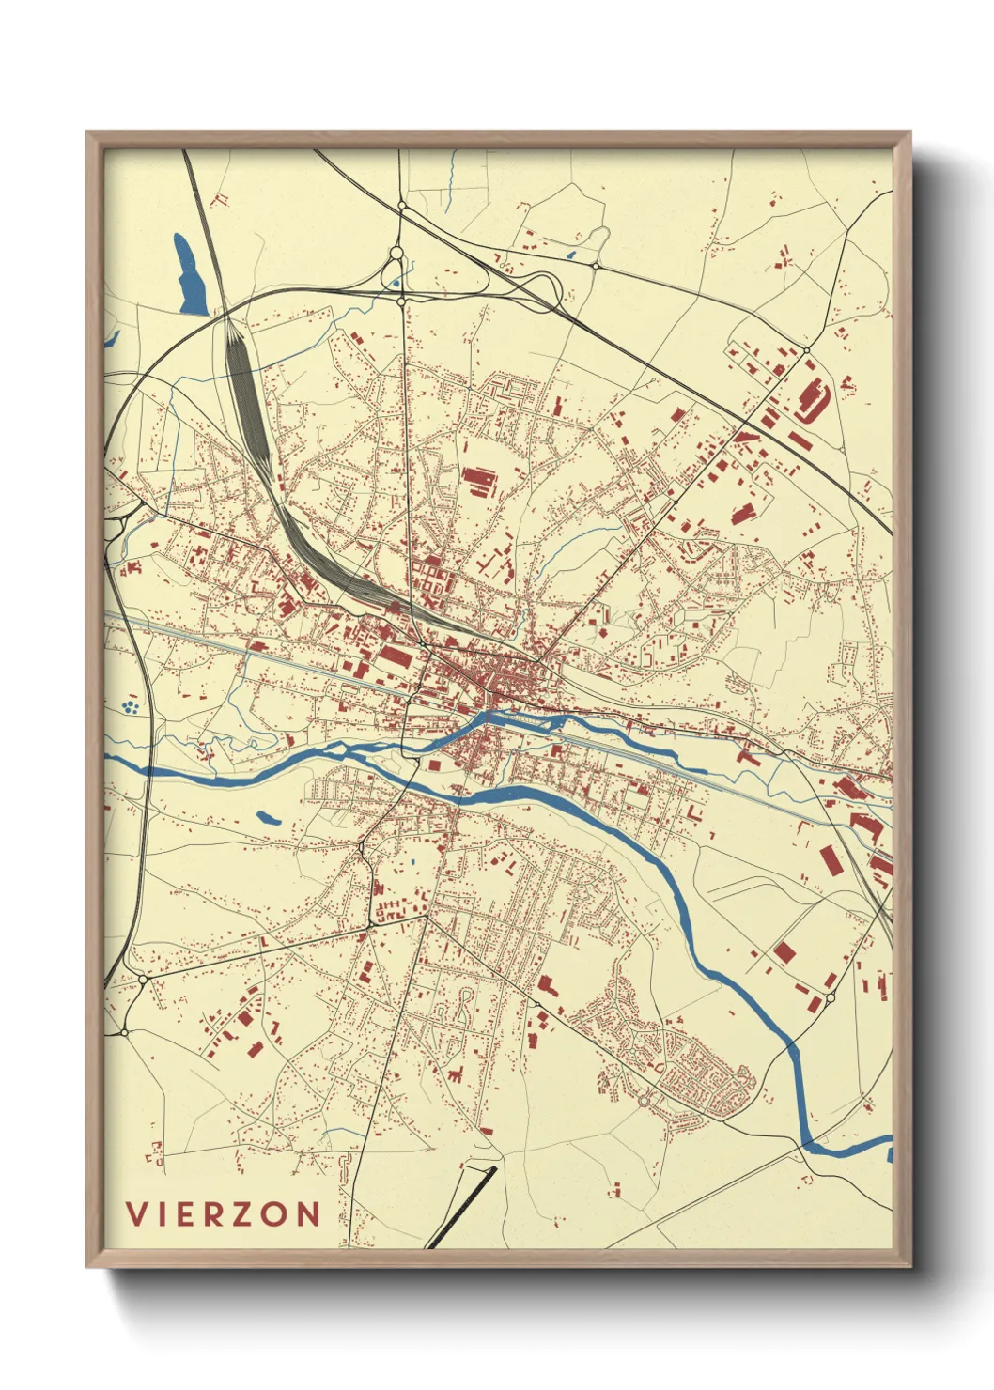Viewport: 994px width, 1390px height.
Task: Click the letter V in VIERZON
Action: [135, 1214]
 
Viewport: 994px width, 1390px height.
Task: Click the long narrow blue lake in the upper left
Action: [189, 274]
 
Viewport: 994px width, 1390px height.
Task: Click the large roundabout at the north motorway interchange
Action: [396, 253]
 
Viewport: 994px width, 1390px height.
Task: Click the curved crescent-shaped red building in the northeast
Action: [810, 398]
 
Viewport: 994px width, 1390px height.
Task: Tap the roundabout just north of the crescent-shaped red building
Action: [806, 351]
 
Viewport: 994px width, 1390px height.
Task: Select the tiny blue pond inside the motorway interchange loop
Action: [396, 280]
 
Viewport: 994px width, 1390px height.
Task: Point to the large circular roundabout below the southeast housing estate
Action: [644, 1095]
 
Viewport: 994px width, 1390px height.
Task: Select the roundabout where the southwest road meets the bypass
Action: [142, 979]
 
